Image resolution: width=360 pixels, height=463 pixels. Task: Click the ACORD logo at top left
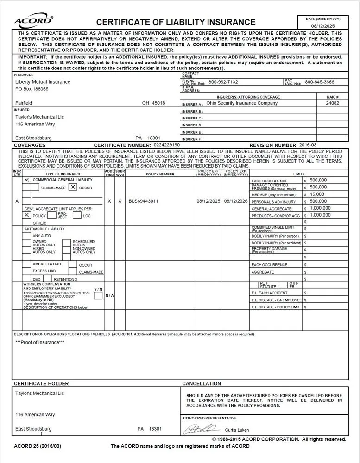34,21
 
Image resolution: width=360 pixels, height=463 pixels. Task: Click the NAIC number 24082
332,103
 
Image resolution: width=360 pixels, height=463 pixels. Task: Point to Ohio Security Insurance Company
242,103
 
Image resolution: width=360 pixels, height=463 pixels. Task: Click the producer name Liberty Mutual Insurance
43,82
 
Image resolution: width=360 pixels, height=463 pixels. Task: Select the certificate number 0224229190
166,145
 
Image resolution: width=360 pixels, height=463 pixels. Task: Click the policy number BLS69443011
143,201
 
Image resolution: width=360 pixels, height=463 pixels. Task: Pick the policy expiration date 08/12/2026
236,201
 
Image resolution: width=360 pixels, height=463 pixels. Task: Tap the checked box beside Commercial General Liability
26,180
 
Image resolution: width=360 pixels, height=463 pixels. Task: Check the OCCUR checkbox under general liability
73,188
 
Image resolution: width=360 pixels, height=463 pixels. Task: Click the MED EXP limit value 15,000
317,194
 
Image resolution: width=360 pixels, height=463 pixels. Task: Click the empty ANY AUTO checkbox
27,236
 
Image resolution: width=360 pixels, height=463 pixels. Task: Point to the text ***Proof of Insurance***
40,342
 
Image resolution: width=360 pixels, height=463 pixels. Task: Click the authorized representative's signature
202,429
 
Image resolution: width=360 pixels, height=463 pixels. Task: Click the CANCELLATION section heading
202,384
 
